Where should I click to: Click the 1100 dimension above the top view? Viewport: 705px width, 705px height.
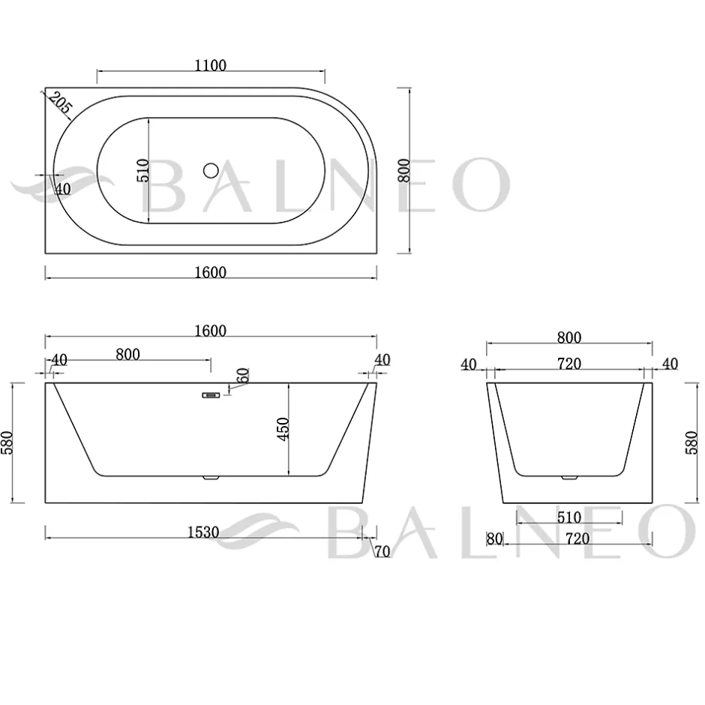click(x=210, y=66)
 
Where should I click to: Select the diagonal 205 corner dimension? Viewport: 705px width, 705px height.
click(x=60, y=103)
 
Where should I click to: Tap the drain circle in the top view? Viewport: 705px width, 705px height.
click(x=211, y=170)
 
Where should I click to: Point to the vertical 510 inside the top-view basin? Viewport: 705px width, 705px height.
click(x=142, y=170)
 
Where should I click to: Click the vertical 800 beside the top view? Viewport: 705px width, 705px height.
click(x=403, y=170)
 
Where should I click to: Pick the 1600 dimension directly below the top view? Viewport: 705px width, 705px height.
click(x=210, y=272)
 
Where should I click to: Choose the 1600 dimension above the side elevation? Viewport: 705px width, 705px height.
click(x=210, y=331)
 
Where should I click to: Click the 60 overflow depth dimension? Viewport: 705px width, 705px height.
click(x=242, y=375)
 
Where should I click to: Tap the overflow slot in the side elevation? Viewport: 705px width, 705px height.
click(x=211, y=395)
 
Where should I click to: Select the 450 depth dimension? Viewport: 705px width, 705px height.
click(x=282, y=430)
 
